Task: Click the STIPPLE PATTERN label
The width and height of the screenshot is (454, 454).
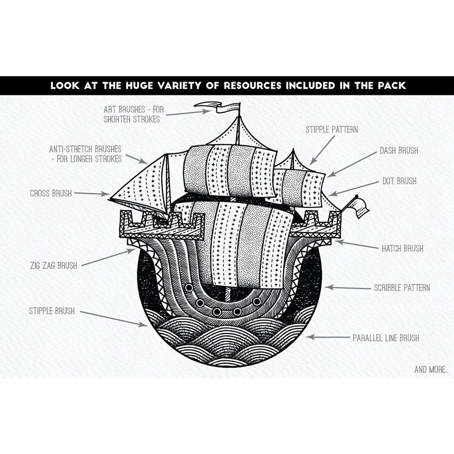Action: coord(331,130)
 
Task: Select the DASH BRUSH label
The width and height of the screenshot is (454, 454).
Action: coord(399,150)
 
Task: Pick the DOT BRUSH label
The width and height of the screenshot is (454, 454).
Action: coord(399,181)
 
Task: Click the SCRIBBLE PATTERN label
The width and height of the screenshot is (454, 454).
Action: coord(402,288)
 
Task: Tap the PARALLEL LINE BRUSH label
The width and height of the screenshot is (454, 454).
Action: coord(385,338)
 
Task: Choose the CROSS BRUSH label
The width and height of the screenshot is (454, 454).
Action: coord(51,193)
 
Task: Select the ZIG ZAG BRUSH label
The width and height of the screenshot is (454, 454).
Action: coord(53,265)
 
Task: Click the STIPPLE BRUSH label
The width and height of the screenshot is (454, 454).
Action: coord(51,311)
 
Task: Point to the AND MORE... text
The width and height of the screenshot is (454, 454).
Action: coord(431,370)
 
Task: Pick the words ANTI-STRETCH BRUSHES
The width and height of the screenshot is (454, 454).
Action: coord(85,149)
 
